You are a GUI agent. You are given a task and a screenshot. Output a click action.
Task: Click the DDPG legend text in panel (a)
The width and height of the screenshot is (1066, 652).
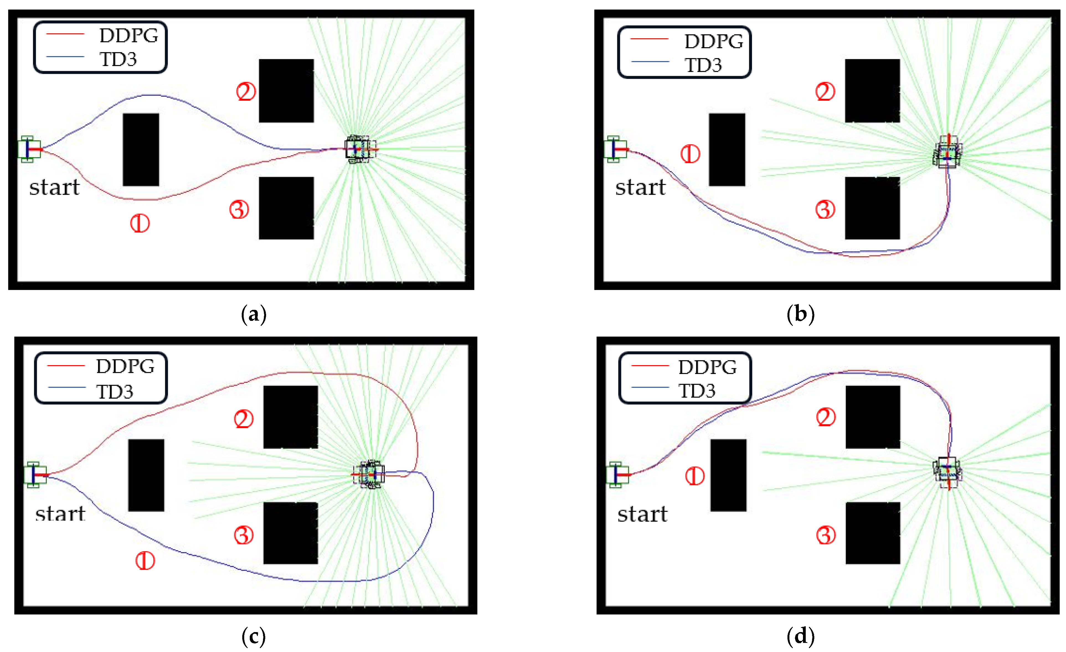pyautogui.click(x=128, y=35)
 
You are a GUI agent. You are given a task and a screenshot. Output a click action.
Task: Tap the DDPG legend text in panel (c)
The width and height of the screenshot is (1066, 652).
pyautogui.click(x=125, y=366)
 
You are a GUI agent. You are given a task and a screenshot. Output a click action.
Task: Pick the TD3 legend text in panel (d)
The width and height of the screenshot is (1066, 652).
pyautogui.click(x=697, y=391)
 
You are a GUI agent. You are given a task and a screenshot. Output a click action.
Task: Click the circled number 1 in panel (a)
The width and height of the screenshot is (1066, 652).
pyautogui.click(x=140, y=224)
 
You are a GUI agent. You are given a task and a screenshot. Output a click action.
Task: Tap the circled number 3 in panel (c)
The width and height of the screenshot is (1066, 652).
pyautogui.click(x=244, y=535)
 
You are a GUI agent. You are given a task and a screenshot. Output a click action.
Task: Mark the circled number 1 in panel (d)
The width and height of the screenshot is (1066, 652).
pyautogui.click(x=695, y=476)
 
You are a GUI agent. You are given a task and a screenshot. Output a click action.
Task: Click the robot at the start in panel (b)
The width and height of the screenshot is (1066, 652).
pyautogui.click(x=615, y=149)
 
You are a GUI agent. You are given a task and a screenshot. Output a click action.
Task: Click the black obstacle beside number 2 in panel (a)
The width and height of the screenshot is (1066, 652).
pyautogui.click(x=286, y=91)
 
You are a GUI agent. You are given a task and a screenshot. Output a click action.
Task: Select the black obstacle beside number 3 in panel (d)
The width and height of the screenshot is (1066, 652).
pyautogui.click(x=873, y=533)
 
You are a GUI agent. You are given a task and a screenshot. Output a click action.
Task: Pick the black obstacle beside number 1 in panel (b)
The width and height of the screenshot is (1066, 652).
pyautogui.click(x=727, y=150)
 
